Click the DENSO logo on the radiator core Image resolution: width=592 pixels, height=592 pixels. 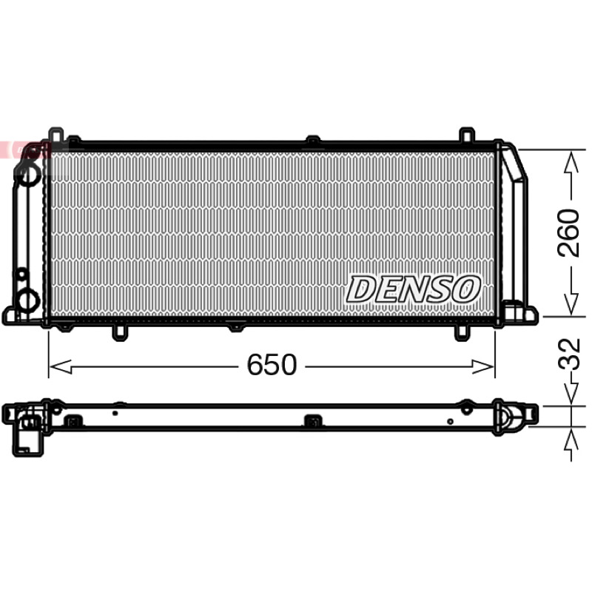[x=414, y=289]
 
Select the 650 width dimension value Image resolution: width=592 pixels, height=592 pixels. [x=272, y=365]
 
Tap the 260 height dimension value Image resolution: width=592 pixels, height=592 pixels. [x=569, y=233]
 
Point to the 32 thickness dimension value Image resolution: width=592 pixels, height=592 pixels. [x=569, y=354]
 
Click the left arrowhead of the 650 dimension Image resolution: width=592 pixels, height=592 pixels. [x=61, y=366]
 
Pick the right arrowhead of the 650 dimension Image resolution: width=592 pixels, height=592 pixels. [x=483, y=366]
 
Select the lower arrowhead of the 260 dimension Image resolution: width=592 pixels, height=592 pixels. [x=571, y=303]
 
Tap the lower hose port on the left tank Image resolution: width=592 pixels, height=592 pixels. [x=28, y=301]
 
